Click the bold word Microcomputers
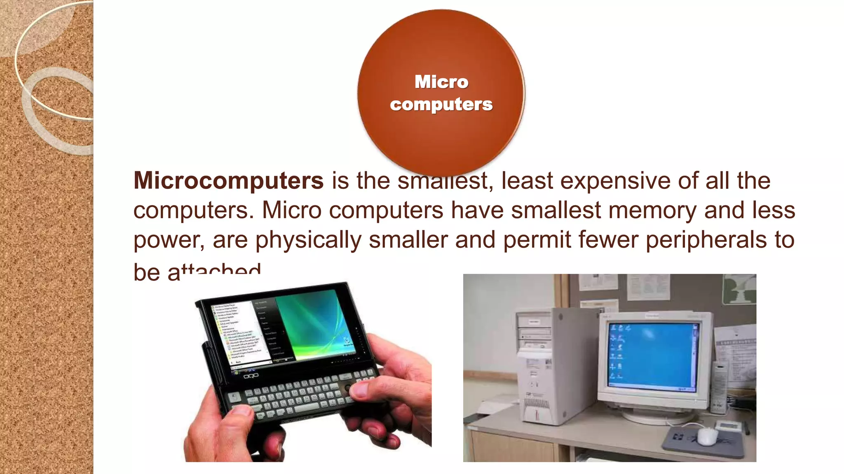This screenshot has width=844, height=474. click(228, 181)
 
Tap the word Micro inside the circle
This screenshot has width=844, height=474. click(441, 82)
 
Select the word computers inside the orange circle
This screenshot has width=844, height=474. click(441, 105)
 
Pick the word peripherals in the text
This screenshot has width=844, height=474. click(705, 240)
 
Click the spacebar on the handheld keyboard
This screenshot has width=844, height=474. click(307, 408)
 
